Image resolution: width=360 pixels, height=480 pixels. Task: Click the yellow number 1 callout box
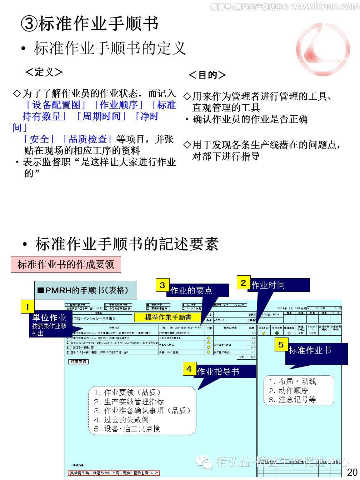(x=27, y=306)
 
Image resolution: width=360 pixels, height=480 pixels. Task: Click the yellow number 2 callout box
(x=243, y=283)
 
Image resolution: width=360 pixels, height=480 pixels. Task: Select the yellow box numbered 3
(x=162, y=285)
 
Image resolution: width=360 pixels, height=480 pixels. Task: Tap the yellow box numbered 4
(x=189, y=369)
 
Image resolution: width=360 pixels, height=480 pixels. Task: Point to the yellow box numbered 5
(x=281, y=344)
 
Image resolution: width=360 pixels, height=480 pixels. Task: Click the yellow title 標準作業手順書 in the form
(x=168, y=317)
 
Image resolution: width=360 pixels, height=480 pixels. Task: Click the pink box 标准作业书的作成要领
(x=66, y=265)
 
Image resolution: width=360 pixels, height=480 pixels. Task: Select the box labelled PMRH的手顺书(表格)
(x=85, y=290)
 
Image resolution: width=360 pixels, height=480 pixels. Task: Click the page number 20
(x=352, y=472)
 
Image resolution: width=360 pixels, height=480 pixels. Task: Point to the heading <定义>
(x=44, y=72)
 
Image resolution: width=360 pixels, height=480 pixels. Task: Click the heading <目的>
(x=207, y=75)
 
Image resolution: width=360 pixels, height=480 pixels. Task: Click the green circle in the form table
(x=277, y=333)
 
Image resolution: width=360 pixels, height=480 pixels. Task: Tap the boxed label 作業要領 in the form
(x=78, y=361)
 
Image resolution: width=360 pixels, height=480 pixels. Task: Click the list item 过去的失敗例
(x=121, y=420)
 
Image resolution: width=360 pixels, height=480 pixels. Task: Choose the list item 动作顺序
(x=289, y=390)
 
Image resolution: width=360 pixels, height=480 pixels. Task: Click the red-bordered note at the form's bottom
(x=114, y=473)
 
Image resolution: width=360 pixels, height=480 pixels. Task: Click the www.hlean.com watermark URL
(x=325, y=6)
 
